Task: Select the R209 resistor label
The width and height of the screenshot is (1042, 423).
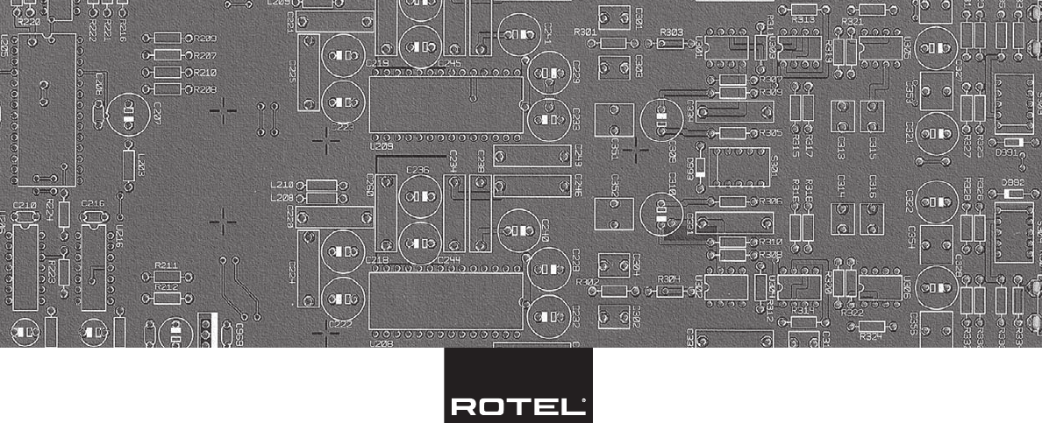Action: (x=205, y=39)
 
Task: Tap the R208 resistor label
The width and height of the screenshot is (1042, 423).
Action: (x=205, y=89)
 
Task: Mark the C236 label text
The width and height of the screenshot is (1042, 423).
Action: (x=418, y=171)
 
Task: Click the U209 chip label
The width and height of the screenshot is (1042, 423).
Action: (x=382, y=147)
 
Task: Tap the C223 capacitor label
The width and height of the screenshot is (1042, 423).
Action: (x=342, y=128)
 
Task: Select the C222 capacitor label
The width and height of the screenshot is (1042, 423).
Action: (x=341, y=324)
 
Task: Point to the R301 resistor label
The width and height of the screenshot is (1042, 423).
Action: (x=586, y=32)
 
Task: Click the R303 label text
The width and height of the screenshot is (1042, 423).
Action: (x=671, y=32)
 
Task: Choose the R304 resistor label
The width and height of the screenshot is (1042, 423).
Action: (x=668, y=279)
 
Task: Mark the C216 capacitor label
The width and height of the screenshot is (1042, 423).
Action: (x=93, y=203)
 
